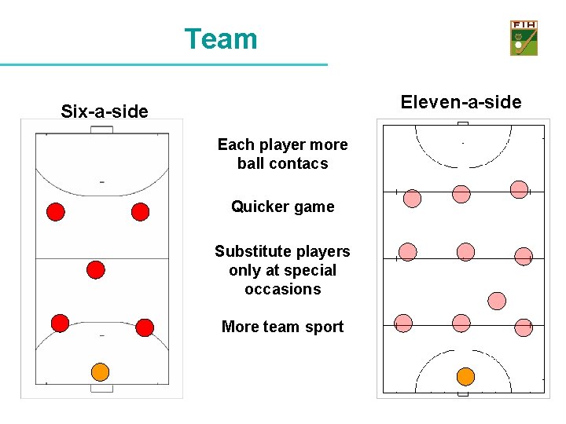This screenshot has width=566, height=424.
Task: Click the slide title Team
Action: pyautogui.click(x=221, y=38)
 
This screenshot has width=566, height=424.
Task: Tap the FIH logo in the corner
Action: pyautogui.click(x=524, y=38)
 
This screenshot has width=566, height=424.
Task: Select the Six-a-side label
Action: pyautogui.click(x=105, y=111)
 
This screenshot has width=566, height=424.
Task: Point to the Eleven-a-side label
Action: pyautogui.click(x=461, y=102)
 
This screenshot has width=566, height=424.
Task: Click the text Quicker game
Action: pyautogui.click(x=282, y=207)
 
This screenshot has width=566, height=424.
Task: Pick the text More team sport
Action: pyautogui.click(x=282, y=327)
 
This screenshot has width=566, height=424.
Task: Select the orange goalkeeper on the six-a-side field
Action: pyautogui.click(x=100, y=371)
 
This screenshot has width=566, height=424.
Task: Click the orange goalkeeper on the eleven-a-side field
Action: pyautogui.click(x=466, y=376)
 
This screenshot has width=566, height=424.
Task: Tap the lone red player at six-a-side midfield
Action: pyautogui.click(x=96, y=270)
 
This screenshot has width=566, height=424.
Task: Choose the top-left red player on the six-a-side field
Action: pyautogui.click(x=56, y=211)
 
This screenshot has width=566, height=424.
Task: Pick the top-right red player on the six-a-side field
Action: pyautogui.click(x=140, y=211)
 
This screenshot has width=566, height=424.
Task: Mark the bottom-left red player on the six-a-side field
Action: pyautogui.click(x=60, y=323)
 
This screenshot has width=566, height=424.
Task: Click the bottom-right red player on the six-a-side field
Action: pyautogui.click(x=145, y=327)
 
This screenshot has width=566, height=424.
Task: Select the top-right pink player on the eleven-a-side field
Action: pyautogui.click(x=519, y=188)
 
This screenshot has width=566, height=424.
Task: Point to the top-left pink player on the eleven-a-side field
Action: pyautogui.click(x=412, y=198)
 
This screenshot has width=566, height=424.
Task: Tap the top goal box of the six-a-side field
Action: pyautogui.click(x=101, y=130)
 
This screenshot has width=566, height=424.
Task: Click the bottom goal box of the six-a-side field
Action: pyautogui.click(x=101, y=388)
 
